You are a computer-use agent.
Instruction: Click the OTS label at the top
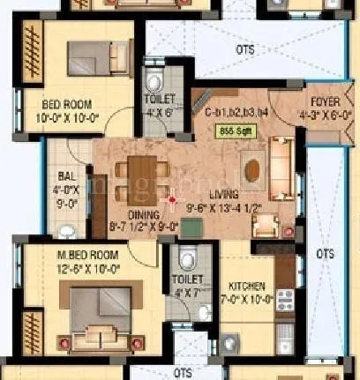point(246,50)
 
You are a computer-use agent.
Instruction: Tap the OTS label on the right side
point(326,253)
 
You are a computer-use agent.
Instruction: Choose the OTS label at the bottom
point(183,373)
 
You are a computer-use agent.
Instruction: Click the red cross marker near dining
point(172,199)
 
